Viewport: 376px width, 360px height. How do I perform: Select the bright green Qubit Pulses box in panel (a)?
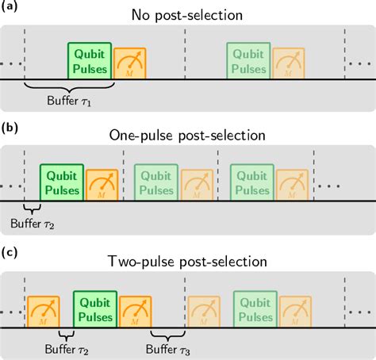point(88,60)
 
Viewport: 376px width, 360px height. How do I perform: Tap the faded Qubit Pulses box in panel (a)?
point(247,60)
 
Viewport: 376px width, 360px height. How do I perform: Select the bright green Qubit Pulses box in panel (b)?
point(62,183)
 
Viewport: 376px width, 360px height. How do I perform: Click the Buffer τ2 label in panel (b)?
point(32,224)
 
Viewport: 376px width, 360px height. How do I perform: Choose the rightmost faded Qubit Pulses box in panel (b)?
point(251,183)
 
